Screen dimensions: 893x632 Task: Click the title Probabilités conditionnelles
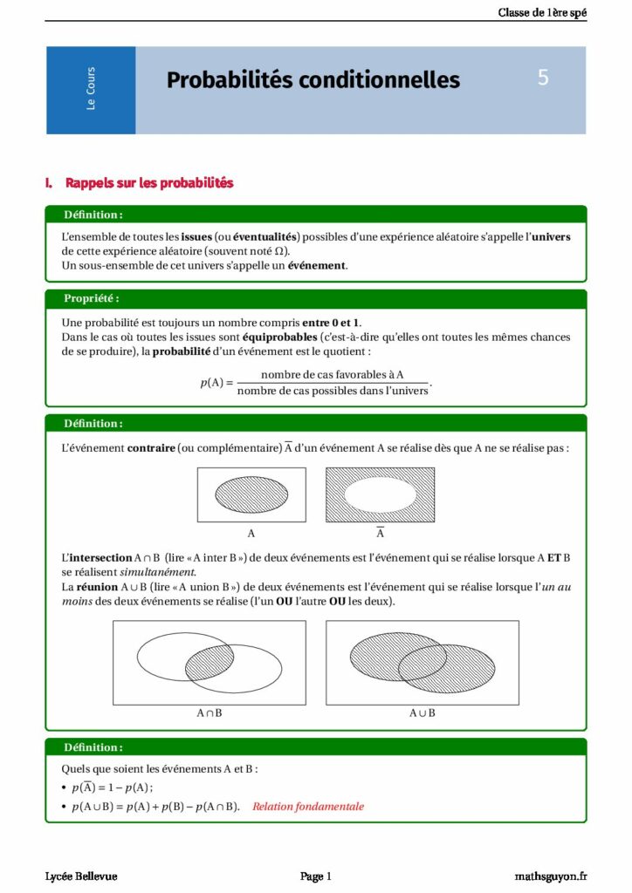[313, 80]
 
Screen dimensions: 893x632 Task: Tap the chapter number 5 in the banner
[543, 78]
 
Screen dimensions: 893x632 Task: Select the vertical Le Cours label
[91, 89]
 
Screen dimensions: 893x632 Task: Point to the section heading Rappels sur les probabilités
[149, 183]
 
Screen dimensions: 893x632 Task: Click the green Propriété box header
[92, 298]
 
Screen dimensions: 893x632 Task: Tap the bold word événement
[317, 265]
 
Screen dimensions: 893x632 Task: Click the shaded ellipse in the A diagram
[251, 494]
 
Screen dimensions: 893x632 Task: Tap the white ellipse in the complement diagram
[380, 494]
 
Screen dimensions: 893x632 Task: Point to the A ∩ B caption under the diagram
[210, 712]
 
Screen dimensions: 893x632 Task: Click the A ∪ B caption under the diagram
[422, 712]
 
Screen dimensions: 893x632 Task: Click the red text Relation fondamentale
[308, 806]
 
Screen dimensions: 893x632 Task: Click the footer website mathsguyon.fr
[550, 876]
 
